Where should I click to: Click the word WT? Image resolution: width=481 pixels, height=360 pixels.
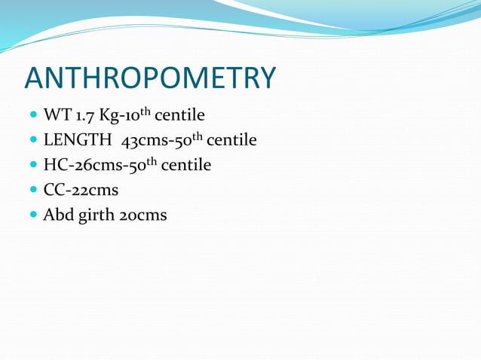pos(56,116)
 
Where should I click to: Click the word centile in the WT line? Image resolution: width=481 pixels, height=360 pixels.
pos(179,116)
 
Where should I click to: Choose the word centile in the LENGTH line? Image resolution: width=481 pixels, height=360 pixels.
pos(231,141)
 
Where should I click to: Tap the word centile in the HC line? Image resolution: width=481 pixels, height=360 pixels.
pos(185,165)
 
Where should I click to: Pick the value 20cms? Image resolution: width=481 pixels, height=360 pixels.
pos(142,215)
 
